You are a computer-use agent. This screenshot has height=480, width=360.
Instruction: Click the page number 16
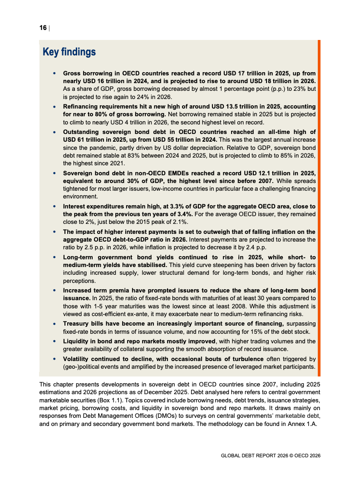click(43, 28)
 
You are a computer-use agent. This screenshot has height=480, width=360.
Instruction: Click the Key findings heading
click(69, 52)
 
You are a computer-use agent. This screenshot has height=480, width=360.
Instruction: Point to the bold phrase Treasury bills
click(86, 323)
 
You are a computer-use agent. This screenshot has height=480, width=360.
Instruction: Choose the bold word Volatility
click(78, 358)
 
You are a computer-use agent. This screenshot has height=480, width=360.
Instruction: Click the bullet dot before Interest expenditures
click(54, 206)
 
